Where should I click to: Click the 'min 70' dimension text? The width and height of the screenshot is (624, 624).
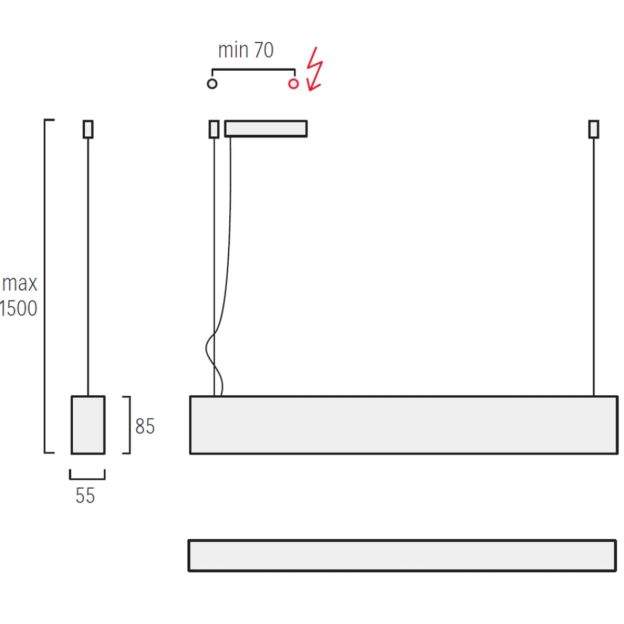(x=246, y=50)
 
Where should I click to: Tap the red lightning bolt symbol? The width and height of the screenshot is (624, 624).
(x=314, y=69)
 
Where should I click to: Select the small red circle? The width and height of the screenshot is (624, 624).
(x=293, y=84)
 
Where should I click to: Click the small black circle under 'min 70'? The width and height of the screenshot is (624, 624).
(x=212, y=84)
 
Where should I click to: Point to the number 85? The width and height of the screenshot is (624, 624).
(x=145, y=426)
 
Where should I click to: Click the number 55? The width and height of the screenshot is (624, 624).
(x=85, y=496)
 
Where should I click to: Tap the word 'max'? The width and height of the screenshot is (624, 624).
(x=19, y=283)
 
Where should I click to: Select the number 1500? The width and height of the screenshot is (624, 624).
(x=18, y=308)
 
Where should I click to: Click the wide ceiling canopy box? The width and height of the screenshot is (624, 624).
(x=266, y=128)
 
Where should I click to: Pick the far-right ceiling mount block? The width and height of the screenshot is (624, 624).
(x=593, y=129)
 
